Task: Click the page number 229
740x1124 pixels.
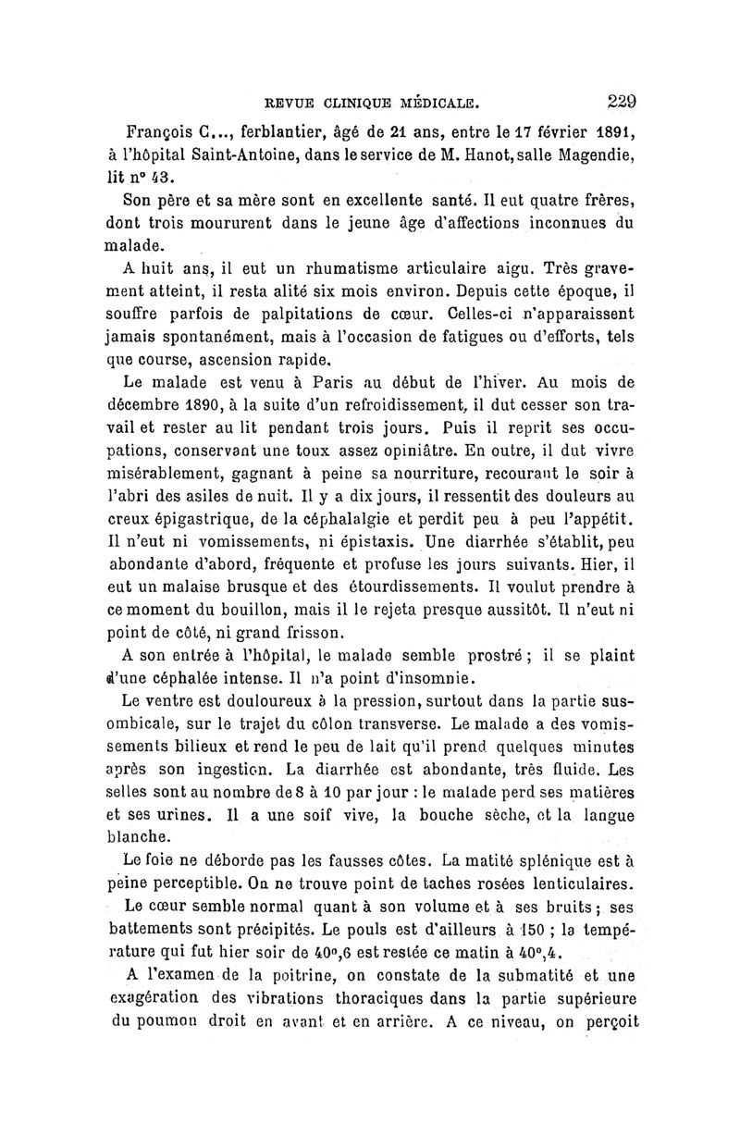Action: [627, 101]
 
